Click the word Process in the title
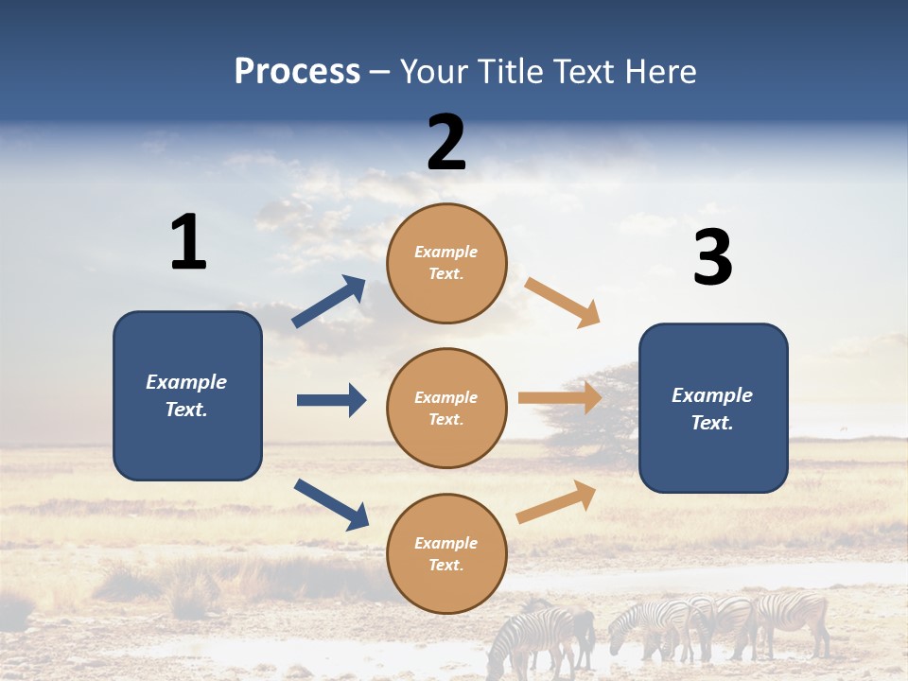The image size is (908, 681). coord(297,72)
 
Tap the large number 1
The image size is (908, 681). coord(188,242)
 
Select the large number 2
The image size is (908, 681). coord(446,142)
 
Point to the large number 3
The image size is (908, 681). coord(712,257)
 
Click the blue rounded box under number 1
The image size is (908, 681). coord(187,395)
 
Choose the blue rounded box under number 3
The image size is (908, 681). coord(713,408)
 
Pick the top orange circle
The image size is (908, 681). coord(446,263)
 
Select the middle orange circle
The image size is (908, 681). coord(446,408)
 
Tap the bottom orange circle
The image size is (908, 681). coord(446,553)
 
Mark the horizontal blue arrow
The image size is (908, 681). coord(331,400)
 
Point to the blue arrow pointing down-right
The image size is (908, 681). coord(331,504)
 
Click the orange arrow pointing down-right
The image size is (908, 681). coord(563,303)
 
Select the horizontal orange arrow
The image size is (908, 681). coord(560,397)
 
